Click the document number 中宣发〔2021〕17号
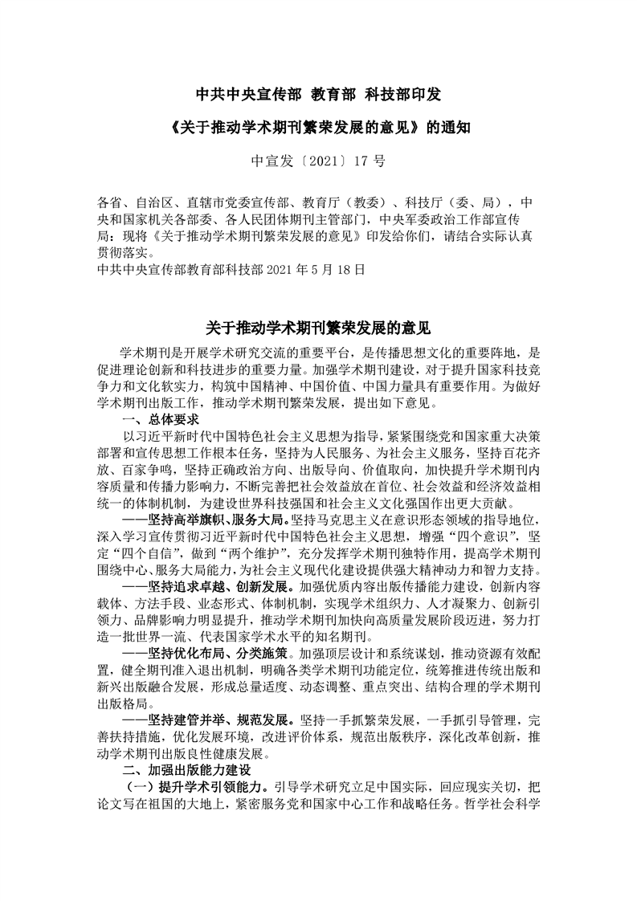tap(318, 161)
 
